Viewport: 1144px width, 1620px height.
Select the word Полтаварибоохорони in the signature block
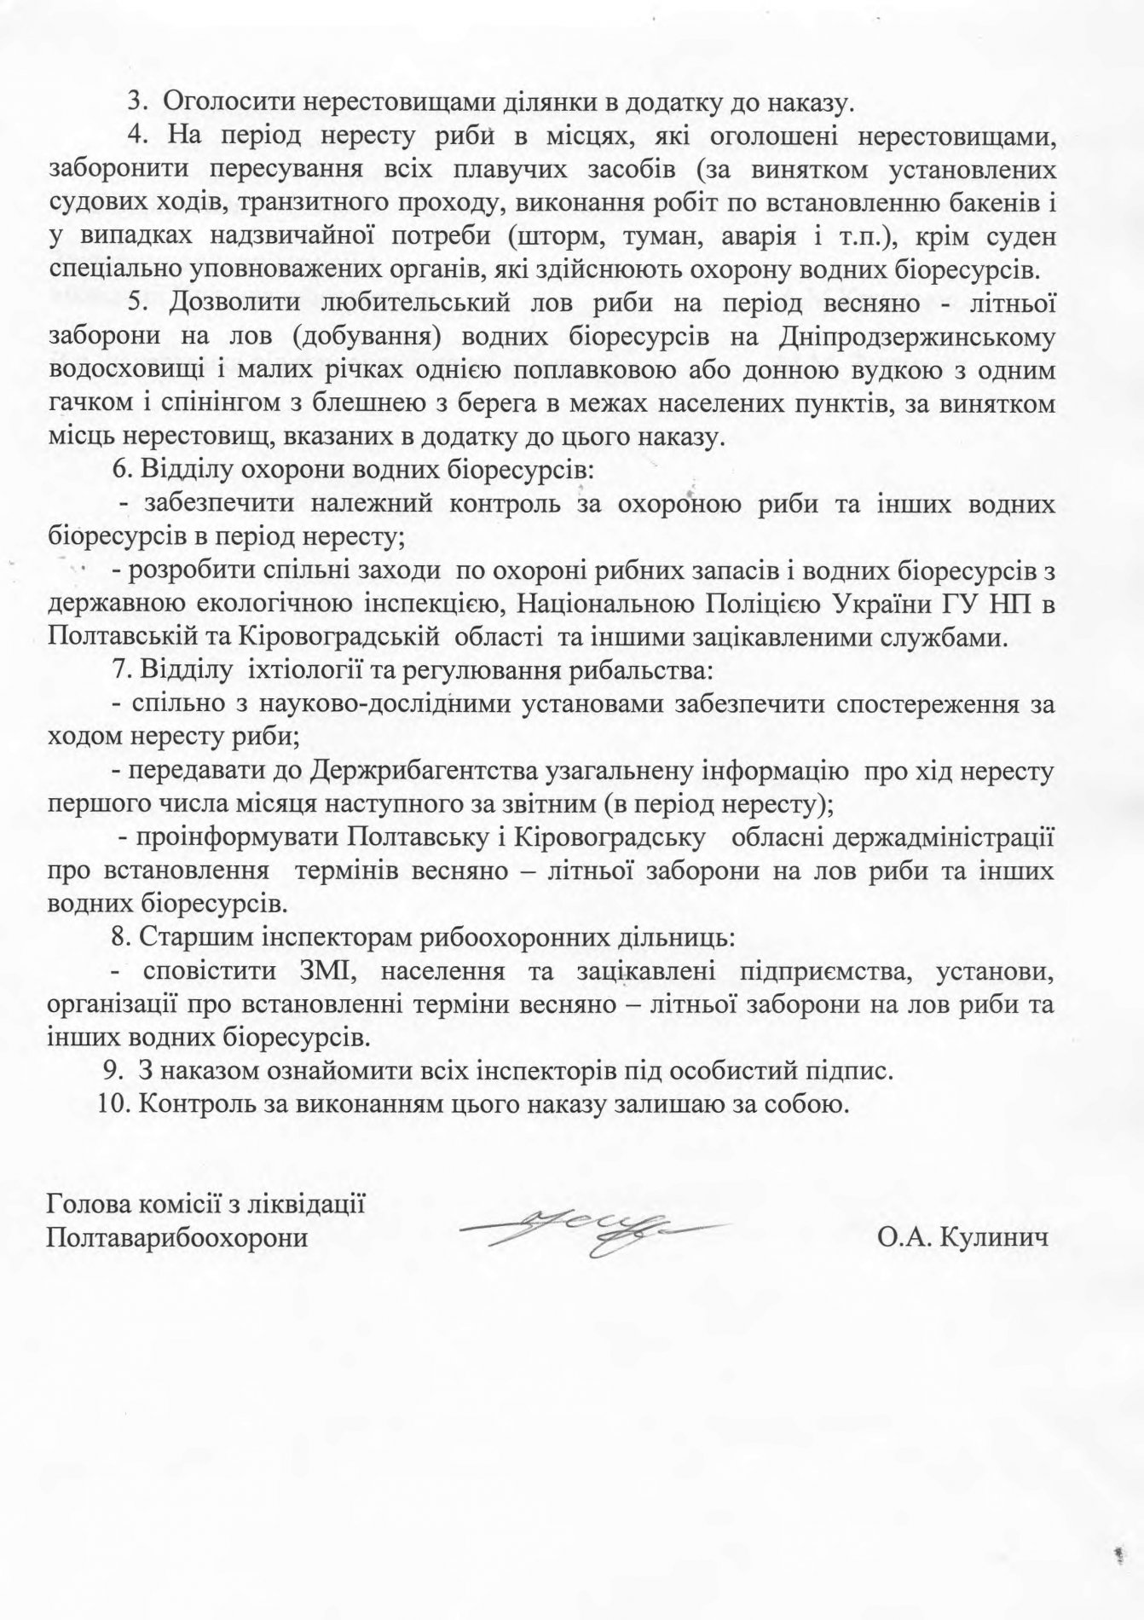[177, 1237]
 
